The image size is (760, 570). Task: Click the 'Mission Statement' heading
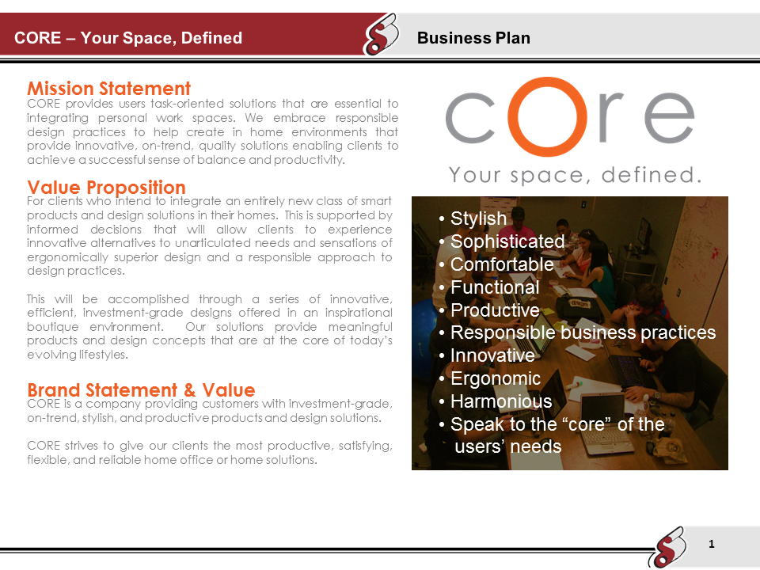(108, 88)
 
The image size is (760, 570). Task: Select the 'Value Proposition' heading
(106, 188)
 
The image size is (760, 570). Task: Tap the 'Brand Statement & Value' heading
(141, 390)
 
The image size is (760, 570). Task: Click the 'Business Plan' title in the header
(473, 38)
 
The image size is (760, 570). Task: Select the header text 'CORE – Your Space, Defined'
(128, 38)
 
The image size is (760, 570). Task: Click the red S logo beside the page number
(665, 547)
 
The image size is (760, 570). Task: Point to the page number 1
(712, 544)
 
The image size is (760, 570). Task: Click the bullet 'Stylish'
(478, 218)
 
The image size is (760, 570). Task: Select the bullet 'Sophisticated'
(507, 241)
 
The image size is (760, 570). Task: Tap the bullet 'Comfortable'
(502, 264)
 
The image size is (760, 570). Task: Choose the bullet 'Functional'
(495, 287)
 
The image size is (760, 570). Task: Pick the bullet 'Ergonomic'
(496, 378)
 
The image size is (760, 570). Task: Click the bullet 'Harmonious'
(501, 401)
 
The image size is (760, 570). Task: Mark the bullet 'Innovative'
(492, 355)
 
